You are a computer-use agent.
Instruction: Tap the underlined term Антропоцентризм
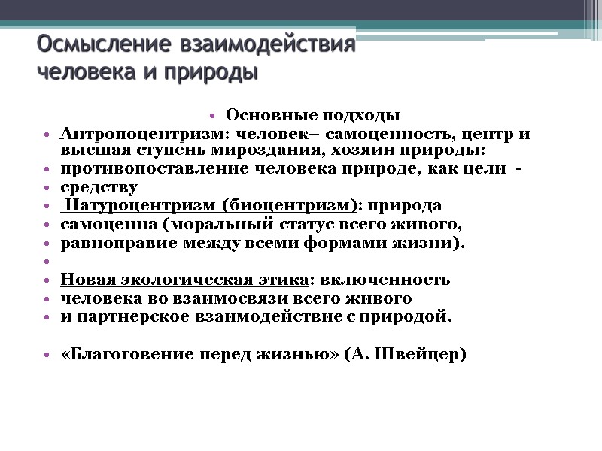[141, 135]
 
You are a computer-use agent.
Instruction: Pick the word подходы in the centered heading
[359, 116]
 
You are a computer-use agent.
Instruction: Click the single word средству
[99, 188]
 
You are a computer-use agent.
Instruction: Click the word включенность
[385, 280]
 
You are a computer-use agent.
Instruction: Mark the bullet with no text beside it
[47, 262]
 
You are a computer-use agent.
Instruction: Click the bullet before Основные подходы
[213, 117]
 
